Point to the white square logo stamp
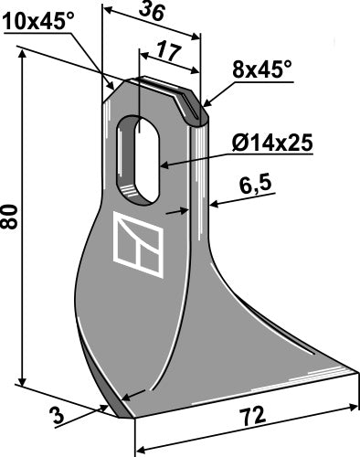[x=140, y=245]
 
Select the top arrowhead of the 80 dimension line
[x=21, y=55]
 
